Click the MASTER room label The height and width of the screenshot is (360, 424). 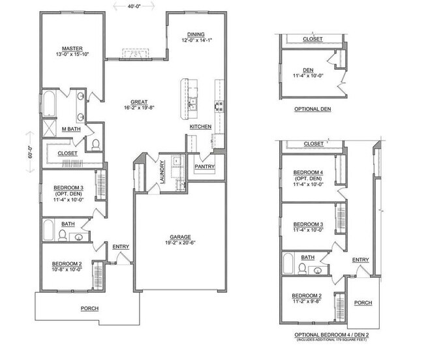coord(72,48)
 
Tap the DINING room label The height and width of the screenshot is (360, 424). coord(196,34)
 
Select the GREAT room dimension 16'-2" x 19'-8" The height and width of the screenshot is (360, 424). coord(138,108)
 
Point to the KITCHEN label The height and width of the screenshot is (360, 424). coord(201,126)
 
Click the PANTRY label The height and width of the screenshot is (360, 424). coord(205,166)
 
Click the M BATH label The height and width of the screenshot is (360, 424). coord(71,129)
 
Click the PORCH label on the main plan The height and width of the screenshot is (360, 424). coord(89,308)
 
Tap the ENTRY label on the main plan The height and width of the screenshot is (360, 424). coord(121,246)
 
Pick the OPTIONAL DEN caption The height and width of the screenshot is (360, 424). coord(312,109)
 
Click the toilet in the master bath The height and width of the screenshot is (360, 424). coord(95,143)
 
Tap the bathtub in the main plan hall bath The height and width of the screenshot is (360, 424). coord(48,231)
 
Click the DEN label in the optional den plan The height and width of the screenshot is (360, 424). coord(309,70)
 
